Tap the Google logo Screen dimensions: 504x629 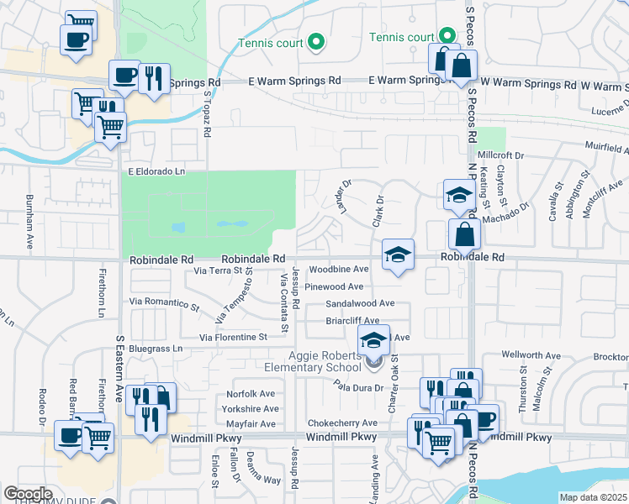[x=28, y=494]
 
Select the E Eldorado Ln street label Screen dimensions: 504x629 [x=156, y=171]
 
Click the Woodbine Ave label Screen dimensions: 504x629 [x=338, y=270]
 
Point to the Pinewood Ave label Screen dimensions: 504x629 [x=334, y=286]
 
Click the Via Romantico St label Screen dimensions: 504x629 [x=165, y=301]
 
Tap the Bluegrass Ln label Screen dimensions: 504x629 [x=155, y=348]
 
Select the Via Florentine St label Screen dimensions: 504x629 [x=233, y=337]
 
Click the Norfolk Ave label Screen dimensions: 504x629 [x=251, y=394]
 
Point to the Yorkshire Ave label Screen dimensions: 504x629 [x=250, y=409]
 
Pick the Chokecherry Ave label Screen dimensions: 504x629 [x=342, y=423]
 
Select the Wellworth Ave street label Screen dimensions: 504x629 [x=531, y=356]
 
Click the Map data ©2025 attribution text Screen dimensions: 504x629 [x=593, y=497]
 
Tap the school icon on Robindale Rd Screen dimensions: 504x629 [x=399, y=255]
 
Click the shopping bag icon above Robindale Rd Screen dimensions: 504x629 [x=464, y=234]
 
